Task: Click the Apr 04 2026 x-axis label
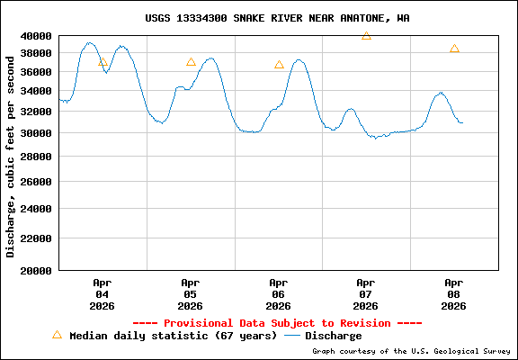[x=102, y=293]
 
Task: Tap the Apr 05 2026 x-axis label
[x=190, y=293]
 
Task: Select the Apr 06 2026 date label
[x=278, y=293]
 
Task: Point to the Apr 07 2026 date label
[x=366, y=293]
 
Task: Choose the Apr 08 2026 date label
[x=454, y=293]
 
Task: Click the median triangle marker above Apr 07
[x=366, y=36]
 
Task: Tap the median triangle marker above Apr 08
[x=454, y=49]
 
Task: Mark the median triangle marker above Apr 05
[x=191, y=62]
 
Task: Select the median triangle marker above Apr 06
[x=279, y=65]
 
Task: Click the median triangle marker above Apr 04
[x=103, y=62]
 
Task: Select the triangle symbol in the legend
[x=57, y=335]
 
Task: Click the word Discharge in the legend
[x=333, y=336]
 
